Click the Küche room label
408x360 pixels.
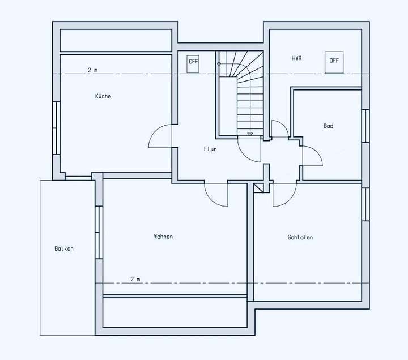point(103,96)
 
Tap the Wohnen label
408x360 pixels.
point(163,237)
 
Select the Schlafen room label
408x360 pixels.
point(300,238)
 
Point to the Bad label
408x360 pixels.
point(328,126)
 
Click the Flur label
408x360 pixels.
point(210,149)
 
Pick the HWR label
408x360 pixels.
point(296,58)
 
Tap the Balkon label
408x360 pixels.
point(64,248)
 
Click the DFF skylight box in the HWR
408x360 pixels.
point(334,61)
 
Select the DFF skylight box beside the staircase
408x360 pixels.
point(194,62)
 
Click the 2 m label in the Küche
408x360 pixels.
point(92,70)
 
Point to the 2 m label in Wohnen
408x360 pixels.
point(135,279)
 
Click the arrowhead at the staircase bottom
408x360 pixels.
point(250,134)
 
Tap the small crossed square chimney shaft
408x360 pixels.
point(260,188)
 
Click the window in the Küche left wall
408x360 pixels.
point(56,128)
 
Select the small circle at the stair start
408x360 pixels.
point(219,64)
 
